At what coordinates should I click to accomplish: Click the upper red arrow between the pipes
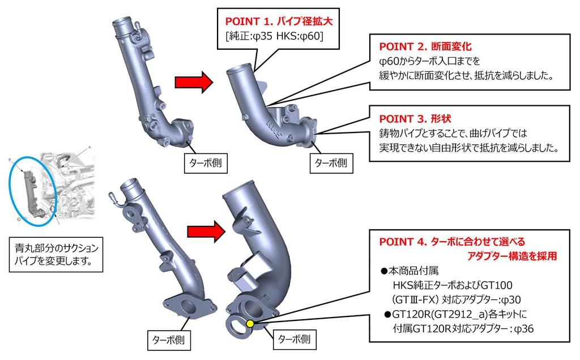point(192,83)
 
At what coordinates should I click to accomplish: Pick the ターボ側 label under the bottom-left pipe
point(168,340)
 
